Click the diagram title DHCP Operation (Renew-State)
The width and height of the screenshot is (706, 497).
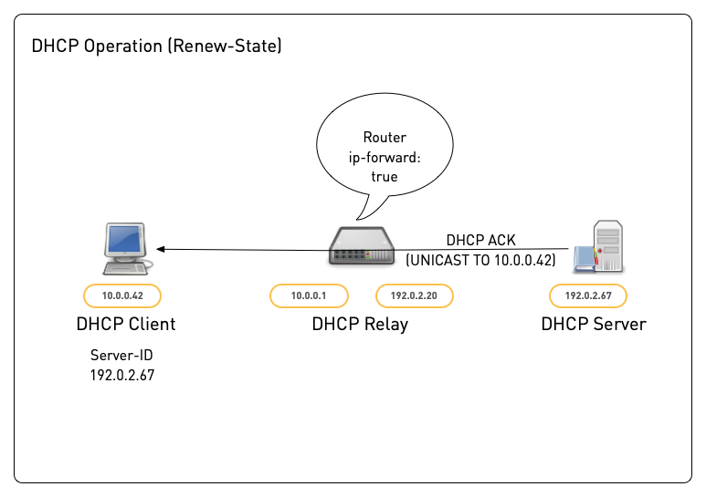(x=156, y=46)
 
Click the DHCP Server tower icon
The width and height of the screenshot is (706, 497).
(x=602, y=245)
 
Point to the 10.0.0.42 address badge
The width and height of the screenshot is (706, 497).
(x=121, y=295)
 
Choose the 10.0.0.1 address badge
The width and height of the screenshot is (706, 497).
(x=308, y=295)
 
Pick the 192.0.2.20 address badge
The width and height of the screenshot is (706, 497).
(x=415, y=295)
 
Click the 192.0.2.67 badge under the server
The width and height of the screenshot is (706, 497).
(x=587, y=295)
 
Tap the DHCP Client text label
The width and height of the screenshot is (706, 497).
(x=126, y=324)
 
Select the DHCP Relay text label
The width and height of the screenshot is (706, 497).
(x=360, y=324)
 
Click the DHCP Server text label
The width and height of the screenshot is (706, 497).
(x=593, y=324)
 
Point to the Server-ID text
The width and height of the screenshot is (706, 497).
(x=122, y=356)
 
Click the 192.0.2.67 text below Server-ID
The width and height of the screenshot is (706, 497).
(x=122, y=375)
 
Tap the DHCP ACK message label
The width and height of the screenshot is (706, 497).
(x=480, y=241)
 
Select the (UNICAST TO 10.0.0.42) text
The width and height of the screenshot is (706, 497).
(x=480, y=260)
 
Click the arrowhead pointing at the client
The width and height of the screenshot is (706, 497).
(x=160, y=249)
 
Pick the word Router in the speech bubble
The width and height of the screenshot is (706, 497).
(x=385, y=138)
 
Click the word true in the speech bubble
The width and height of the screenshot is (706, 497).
(x=385, y=176)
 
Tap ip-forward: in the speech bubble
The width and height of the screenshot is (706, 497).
(x=385, y=157)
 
